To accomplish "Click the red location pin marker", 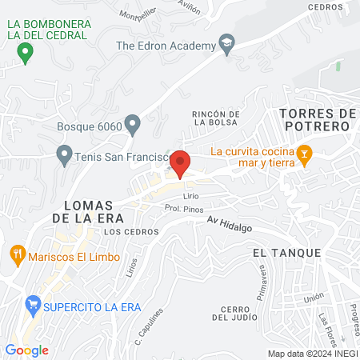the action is pos(181,163).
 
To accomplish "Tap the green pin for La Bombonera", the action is pos(25,54).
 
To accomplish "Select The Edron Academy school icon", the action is pos(226,46).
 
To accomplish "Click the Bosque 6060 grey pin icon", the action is pos(133,124).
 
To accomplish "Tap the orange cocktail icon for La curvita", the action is pos(303,153).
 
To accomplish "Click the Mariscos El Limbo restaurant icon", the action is pos(17,257).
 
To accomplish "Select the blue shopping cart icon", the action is pos(33,305).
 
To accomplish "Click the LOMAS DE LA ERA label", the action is pos(86,210).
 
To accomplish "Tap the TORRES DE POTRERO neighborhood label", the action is pos(318,120).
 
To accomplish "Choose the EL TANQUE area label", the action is pos(286,252).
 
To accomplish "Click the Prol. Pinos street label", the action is pos(181,208).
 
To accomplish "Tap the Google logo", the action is pos(26,350).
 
